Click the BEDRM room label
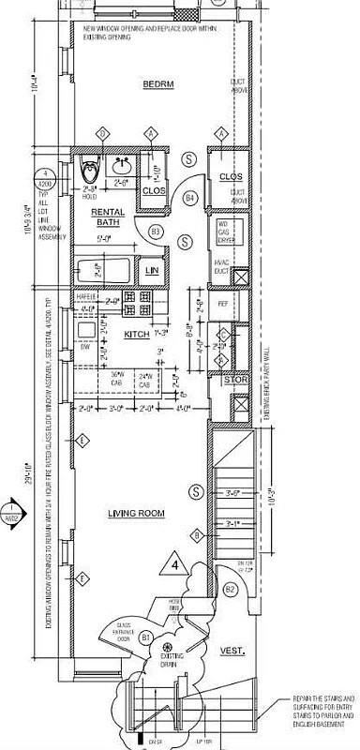click(x=154, y=84)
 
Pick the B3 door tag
click(x=157, y=231)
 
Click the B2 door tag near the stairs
click(x=229, y=588)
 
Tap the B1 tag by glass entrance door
click(x=146, y=637)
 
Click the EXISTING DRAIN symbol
click(x=166, y=648)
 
